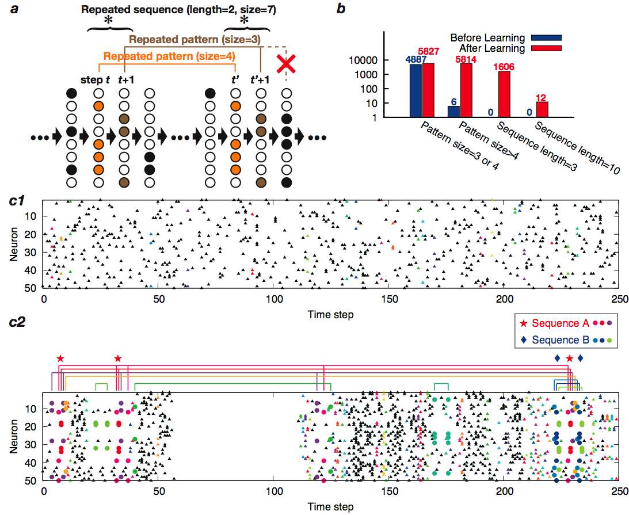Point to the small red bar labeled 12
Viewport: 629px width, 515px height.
[542, 109]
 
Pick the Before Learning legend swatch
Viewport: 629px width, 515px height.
[546, 38]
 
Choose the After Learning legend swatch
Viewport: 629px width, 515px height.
[546, 48]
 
